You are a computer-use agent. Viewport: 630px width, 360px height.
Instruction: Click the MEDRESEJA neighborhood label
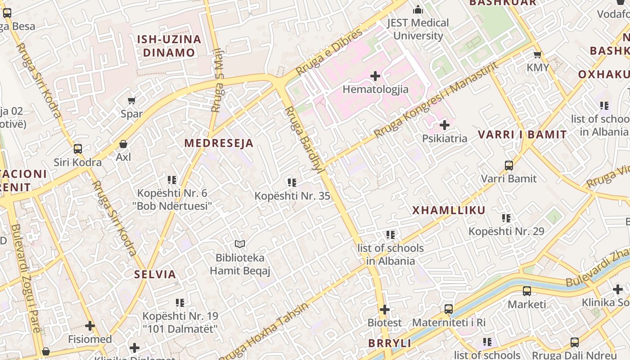(x=219, y=143)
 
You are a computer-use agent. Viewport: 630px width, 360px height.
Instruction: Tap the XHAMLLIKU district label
(x=449, y=210)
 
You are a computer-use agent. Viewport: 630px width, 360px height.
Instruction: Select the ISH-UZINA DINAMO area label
(x=169, y=46)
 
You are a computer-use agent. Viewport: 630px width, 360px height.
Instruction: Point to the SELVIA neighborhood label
(x=155, y=274)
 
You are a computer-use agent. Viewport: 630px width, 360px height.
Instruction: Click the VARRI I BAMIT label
(x=522, y=134)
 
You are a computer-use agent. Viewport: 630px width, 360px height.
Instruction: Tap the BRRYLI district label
(x=390, y=343)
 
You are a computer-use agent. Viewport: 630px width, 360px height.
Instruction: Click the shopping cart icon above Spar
(x=131, y=100)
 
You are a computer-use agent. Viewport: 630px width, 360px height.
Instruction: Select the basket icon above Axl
(x=123, y=144)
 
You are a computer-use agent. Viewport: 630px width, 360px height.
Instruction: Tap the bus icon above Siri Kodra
(x=78, y=148)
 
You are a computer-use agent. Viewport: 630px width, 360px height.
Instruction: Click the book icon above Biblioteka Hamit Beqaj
(x=240, y=244)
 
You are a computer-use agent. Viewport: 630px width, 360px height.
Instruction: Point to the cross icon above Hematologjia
(x=375, y=76)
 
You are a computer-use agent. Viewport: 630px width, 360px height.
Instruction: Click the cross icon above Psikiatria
(x=445, y=125)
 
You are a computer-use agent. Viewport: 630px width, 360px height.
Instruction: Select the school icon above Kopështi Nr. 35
(x=292, y=183)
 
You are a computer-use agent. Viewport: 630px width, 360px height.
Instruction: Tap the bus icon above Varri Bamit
(x=509, y=165)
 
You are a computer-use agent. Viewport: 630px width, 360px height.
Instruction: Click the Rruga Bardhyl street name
(x=304, y=139)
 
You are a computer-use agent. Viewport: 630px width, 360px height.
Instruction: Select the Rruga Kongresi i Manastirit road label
(x=436, y=100)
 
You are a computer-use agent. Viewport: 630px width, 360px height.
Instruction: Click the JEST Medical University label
(x=418, y=29)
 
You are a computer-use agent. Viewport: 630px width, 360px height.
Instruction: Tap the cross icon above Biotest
(x=385, y=310)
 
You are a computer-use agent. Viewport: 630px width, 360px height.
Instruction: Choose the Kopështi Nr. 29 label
(x=506, y=231)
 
